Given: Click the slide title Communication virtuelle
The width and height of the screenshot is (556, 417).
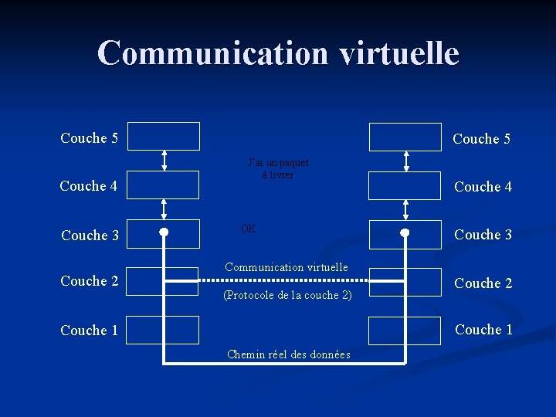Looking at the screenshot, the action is [278, 53].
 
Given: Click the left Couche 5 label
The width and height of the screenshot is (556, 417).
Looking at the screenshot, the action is [90, 138].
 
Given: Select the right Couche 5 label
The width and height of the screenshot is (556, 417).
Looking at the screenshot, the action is [481, 139].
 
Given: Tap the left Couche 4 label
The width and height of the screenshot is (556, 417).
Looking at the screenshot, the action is [89, 186].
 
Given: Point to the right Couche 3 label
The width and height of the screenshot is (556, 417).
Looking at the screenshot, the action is [483, 235].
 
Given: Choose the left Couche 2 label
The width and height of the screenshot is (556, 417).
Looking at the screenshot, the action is [90, 281].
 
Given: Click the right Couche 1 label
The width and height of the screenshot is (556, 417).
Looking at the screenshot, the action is [483, 330].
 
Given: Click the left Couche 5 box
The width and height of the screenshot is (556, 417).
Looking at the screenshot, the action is [164, 136].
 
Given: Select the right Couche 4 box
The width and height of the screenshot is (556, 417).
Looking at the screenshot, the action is [405, 186].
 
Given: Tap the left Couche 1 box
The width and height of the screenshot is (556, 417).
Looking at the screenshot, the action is [164, 330].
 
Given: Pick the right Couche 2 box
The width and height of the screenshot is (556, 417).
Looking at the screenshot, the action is [405, 282].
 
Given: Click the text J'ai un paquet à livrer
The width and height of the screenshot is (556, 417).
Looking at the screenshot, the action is [278, 168].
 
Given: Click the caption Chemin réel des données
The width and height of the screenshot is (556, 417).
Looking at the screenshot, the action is [288, 354].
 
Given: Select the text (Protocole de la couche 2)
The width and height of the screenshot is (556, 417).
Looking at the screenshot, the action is [287, 295].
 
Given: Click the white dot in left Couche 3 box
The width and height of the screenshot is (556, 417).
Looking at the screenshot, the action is [164, 232].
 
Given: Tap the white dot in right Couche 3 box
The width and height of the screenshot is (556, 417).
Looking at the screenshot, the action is [405, 232].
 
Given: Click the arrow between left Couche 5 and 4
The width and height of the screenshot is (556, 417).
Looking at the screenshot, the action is [164, 161].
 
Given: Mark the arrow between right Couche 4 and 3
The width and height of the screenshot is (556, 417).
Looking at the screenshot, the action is [406, 209].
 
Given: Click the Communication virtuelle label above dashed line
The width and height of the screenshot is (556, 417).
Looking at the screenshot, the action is [286, 267].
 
